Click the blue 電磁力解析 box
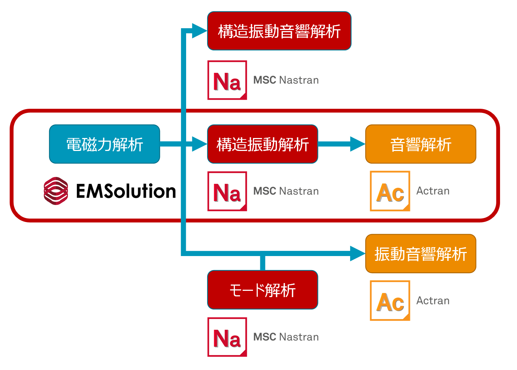coord(105,144)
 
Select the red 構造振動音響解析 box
coord(279,31)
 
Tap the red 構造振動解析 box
coord(263,144)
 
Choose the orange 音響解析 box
coord(421,144)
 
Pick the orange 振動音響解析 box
coord(421,254)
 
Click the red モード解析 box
coord(263,290)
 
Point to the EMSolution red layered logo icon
coord(56,191)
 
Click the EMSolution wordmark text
coord(126,191)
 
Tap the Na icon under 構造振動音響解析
coord(227,80)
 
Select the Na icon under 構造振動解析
coord(227,191)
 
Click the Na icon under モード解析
coord(227,337)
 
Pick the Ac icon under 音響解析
coord(390,191)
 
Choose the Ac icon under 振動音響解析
coord(390,300)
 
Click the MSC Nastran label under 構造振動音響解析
coord(286,80)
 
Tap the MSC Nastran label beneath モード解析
coord(286,337)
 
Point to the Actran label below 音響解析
coord(433,191)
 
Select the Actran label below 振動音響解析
coord(433,300)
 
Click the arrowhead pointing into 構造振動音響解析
coord(200,31)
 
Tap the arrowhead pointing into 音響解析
coord(357,144)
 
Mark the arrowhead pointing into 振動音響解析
coord(357,254)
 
